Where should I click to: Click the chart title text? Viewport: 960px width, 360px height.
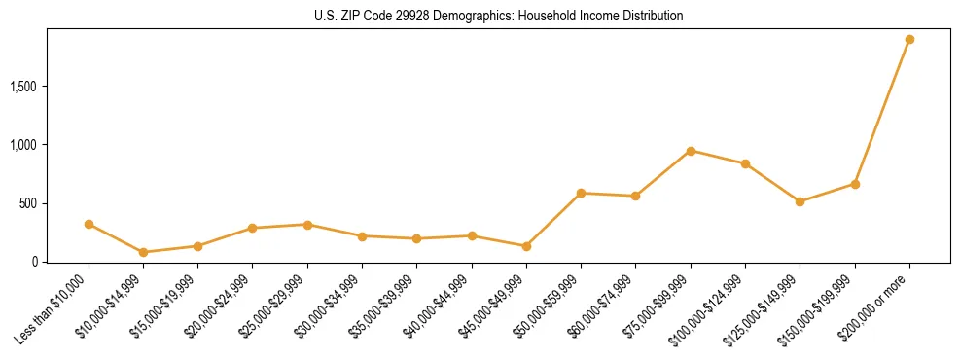(x=499, y=17)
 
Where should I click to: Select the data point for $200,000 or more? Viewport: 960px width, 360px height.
(x=909, y=40)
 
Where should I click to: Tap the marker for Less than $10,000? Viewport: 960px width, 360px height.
(x=89, y=224)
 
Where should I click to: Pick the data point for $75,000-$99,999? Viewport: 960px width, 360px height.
(x=691, y=151)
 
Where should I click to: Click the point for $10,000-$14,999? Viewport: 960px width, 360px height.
(x=143, y=252)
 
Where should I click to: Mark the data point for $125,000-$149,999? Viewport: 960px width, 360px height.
(x=800, y=201)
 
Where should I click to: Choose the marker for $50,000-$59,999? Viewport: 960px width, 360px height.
(x=581, y=193)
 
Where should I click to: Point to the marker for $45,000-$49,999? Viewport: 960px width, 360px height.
(x=526, y=246)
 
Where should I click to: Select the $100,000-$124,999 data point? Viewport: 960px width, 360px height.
(x=745, y=163)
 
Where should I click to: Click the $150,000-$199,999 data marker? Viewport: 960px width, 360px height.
(x=855, y=184)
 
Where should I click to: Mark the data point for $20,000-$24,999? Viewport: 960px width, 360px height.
(x=253, y=228)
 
